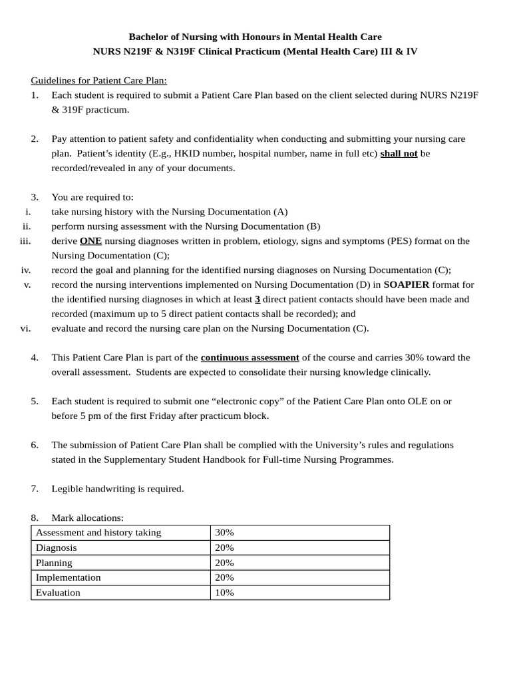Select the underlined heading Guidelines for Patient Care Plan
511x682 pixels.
[98, 81]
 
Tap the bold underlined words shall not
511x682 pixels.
[399, 153]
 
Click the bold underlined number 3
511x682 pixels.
[257, 299]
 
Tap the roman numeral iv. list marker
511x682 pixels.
[26, 270]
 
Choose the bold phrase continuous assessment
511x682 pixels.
[250, 358]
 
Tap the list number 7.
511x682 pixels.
[35, 489]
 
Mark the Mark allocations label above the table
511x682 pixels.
[87, 517]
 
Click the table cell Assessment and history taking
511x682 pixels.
[98, 532]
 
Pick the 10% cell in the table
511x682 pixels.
[224, 592]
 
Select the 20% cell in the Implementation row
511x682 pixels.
[224, 577]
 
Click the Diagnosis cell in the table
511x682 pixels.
[57, 547]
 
